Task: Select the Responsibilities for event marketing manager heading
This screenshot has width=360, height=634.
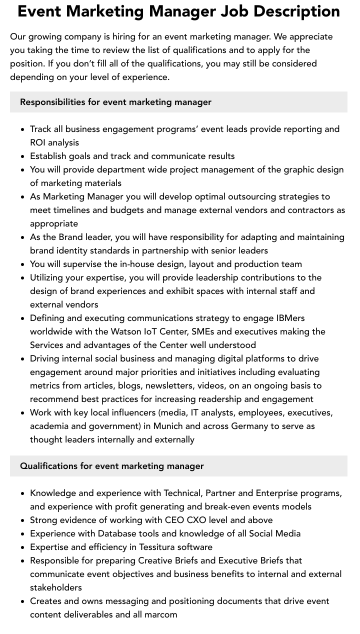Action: pos(115,102)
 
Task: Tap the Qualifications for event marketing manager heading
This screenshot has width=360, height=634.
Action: pos(111,466)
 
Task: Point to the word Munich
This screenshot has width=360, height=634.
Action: pos(167,426)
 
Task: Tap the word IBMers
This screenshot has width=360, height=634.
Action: pos(290,318)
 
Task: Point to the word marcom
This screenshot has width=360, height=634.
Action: pos(161,614)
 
